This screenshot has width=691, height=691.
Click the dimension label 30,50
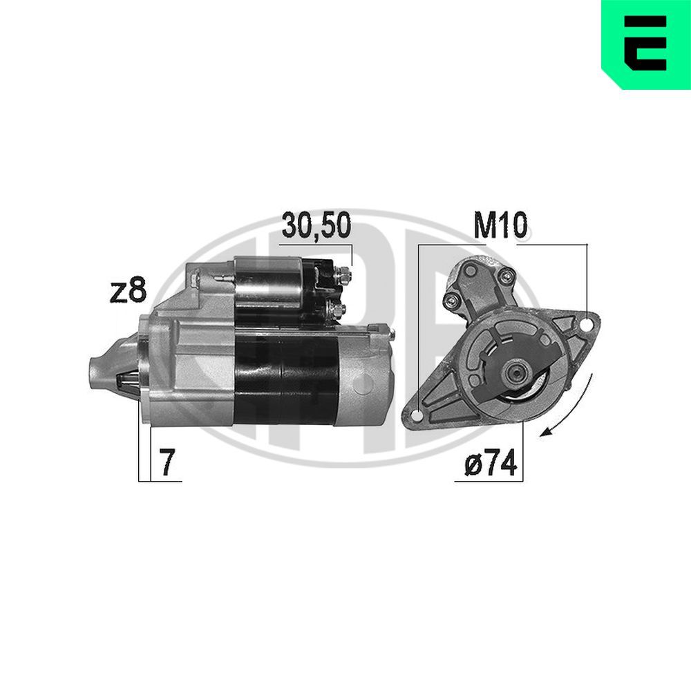point(316,226)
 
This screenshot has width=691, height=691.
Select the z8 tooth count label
point(128,291)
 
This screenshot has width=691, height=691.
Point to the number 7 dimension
point(166,463)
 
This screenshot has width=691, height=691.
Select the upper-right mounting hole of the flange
point(587,324)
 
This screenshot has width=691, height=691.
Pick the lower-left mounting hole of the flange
point(417,415)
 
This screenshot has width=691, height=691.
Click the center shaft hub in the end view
point(515,374)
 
